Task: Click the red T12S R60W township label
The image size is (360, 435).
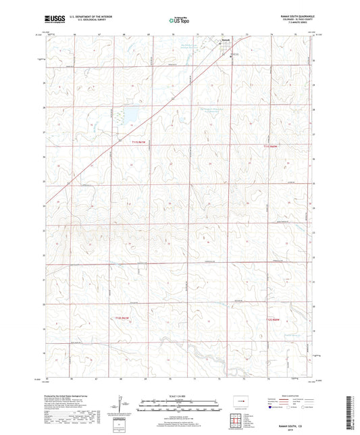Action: click(x=272, y=319)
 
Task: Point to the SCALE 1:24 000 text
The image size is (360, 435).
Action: click(x=180, y=396)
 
